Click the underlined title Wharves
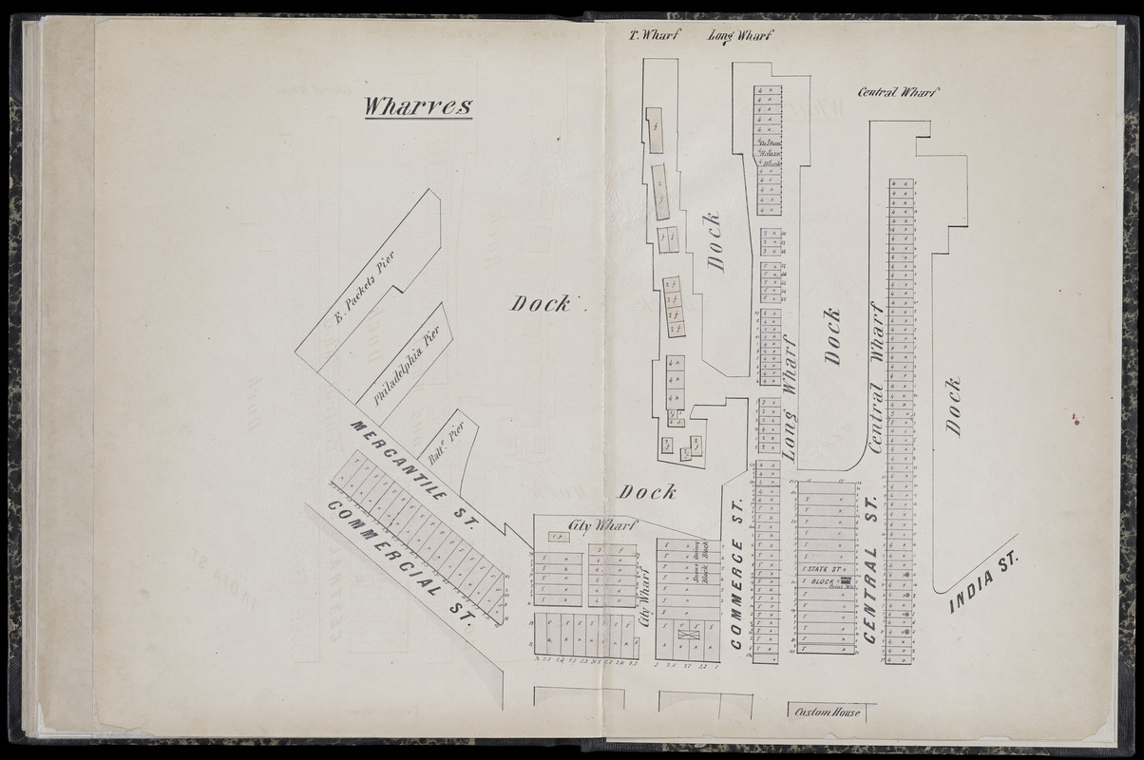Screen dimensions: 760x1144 pyautogui.click(x=418, y=105)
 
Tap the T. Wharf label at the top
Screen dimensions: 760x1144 pyautogui.click(x=651, y=37)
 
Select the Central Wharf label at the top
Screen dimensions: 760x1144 pyautogui.click(x=898, y=92)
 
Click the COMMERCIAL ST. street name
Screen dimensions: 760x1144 pyautogui.click(x=399, y=561)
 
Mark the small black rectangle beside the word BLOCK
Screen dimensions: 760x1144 pyautogui.click(x=844, y=579)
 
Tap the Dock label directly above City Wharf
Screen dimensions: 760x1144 pyautogui.click(x=647, y=492)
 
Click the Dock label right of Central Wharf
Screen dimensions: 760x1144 pyautogui.click(x=953, y=407)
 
